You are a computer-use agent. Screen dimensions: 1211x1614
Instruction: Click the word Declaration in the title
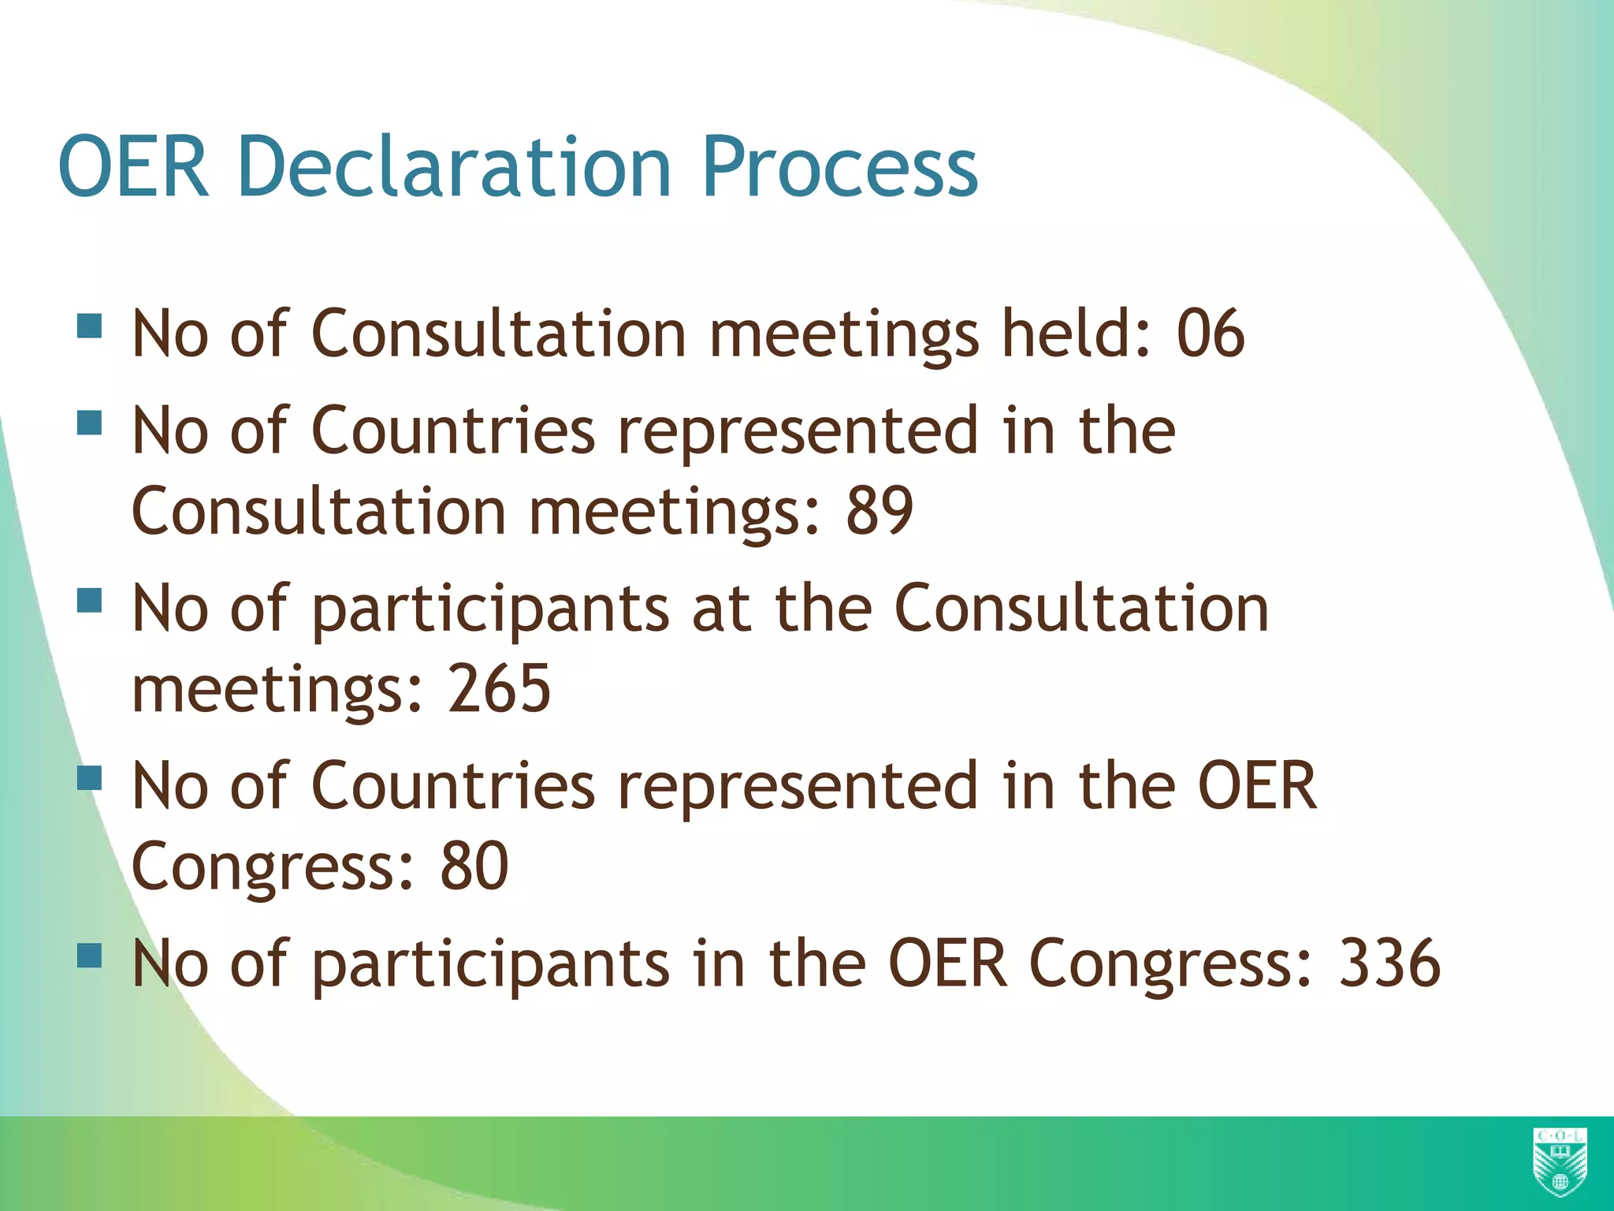point(453,167)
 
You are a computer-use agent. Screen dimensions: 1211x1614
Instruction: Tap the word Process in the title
point(839,167)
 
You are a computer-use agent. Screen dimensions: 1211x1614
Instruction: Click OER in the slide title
point(134,167)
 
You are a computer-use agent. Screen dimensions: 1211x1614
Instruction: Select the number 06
point(1210,333)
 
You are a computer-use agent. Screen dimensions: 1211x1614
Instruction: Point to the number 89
point(880,511)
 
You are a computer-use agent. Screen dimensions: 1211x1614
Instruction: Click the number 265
point(500,688)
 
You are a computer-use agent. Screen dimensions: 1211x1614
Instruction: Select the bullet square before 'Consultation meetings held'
point(90,326)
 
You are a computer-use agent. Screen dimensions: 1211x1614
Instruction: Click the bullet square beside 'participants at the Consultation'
point(90,602)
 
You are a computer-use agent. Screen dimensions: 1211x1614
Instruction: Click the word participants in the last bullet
point(490,964)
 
